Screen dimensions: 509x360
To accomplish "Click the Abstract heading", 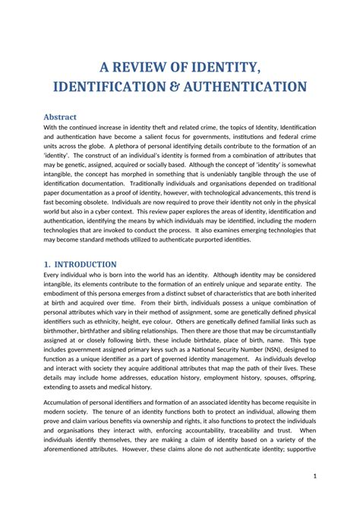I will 61,117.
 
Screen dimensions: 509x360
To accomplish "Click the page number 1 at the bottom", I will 314,475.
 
